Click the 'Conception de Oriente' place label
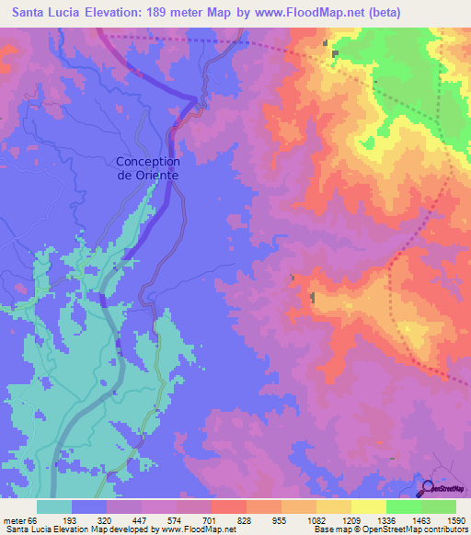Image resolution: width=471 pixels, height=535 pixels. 147,168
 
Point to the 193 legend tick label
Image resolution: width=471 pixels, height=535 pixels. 89,520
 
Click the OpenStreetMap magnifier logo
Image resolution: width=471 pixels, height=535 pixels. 429,488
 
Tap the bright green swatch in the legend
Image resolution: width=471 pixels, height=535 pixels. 403,507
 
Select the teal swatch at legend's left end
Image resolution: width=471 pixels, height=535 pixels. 54,507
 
